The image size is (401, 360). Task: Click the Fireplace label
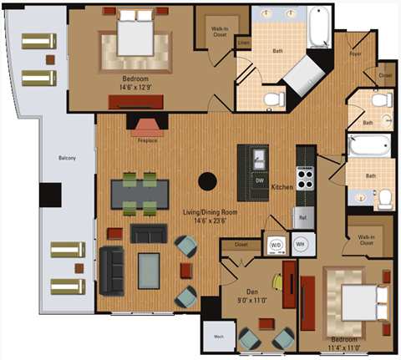[x=147, y=141]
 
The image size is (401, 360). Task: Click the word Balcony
[x=68, y=158]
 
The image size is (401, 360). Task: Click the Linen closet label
[x=242, y=43]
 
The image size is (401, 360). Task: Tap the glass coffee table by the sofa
[x=150, y=268]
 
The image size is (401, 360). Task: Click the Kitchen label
[x=282, y=188]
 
